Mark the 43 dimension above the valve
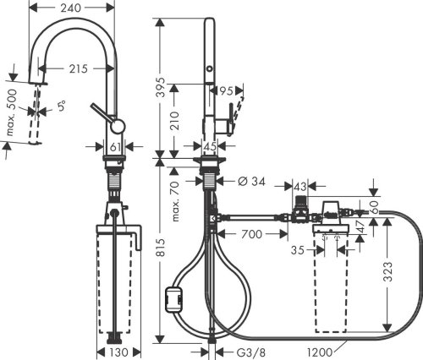299,185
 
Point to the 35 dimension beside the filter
297,250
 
